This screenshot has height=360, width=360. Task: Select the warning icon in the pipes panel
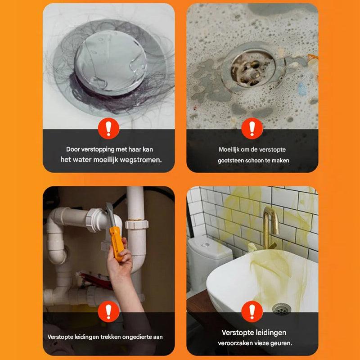pos(108,311)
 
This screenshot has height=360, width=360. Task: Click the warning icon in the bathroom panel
pos(252,311)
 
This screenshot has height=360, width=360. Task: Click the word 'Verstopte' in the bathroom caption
pos(237,333)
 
